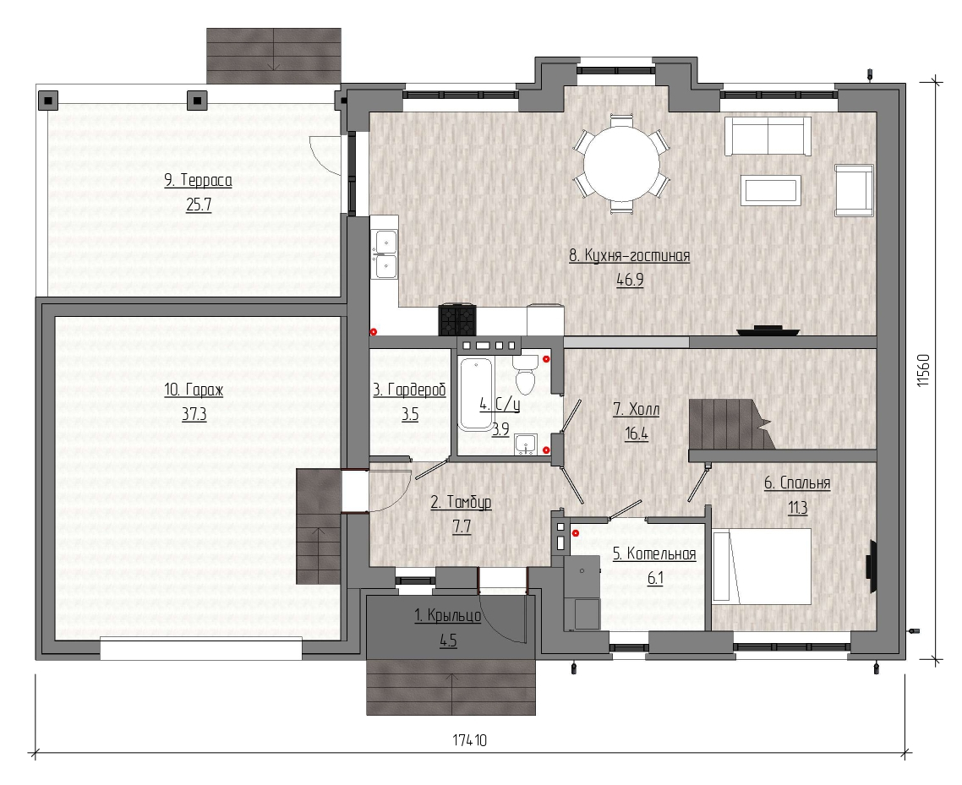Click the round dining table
[620, 164]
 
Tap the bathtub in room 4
[476, 393]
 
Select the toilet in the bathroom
[525, 374]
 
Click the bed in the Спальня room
[762, 566]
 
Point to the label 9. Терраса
[198, 180]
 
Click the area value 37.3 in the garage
[194, 415]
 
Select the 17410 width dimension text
[470, 740]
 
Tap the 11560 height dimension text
[923, 370]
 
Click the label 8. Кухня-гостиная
[630, 256]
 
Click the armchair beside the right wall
[854, 190]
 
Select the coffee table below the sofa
[771, 190]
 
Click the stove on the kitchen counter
[456, 320]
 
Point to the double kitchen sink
[385, 253]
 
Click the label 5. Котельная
[654, 553]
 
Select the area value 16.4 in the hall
[637, 434]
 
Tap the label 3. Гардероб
[409, 390]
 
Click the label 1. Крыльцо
[448, 615]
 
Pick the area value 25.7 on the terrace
[199, 204]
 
